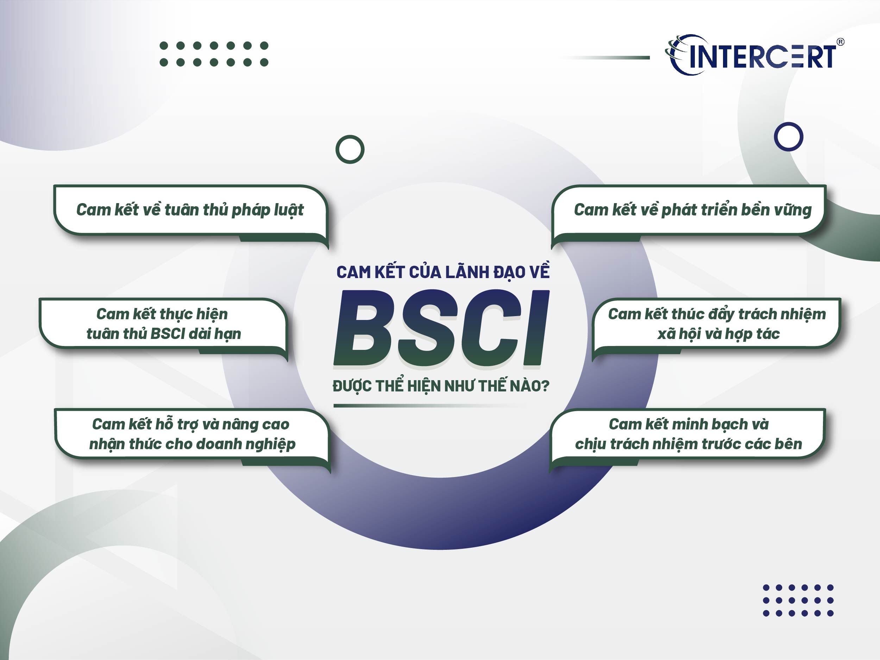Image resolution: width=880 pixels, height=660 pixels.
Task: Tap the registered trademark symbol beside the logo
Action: [x=840, y=42]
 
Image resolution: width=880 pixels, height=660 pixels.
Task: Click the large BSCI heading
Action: [x=441, y=328]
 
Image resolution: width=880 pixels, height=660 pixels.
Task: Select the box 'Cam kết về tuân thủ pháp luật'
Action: [x=190, y=210]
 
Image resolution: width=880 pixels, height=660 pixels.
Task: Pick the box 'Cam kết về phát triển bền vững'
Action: [x=692, y=210]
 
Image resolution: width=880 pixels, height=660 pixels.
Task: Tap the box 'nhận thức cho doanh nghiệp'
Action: [x=192, y=434]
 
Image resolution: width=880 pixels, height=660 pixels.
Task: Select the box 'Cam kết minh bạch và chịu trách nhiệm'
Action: [x=689, y=434]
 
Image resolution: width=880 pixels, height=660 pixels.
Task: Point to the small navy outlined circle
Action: [x=788, y=137]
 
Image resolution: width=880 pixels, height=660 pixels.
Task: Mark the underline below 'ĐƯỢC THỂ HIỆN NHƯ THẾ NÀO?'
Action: [x=430, y=406]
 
